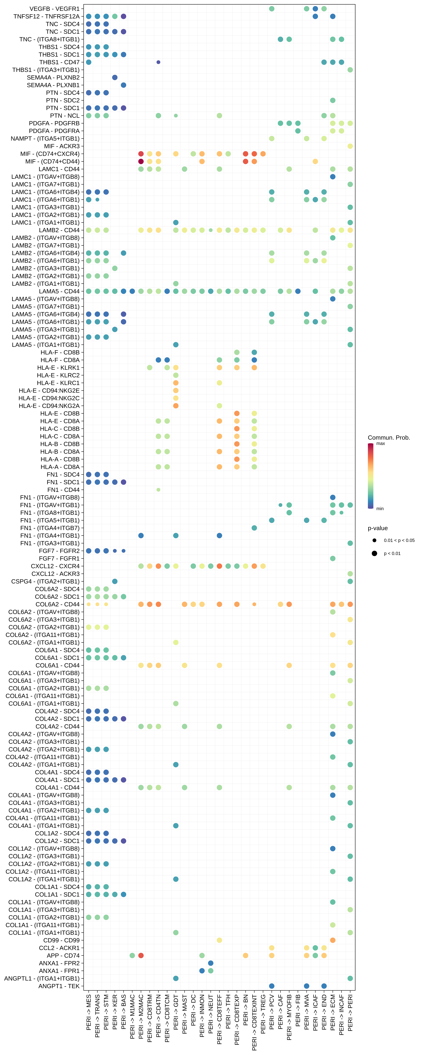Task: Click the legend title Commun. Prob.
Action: point(389,437)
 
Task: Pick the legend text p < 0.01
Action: point(392,553)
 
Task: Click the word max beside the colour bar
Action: point(380,443)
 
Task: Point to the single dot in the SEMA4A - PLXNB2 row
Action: point(115,77)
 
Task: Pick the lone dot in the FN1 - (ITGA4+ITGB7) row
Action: point(254,528)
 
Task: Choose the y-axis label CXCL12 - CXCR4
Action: point(55,566)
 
